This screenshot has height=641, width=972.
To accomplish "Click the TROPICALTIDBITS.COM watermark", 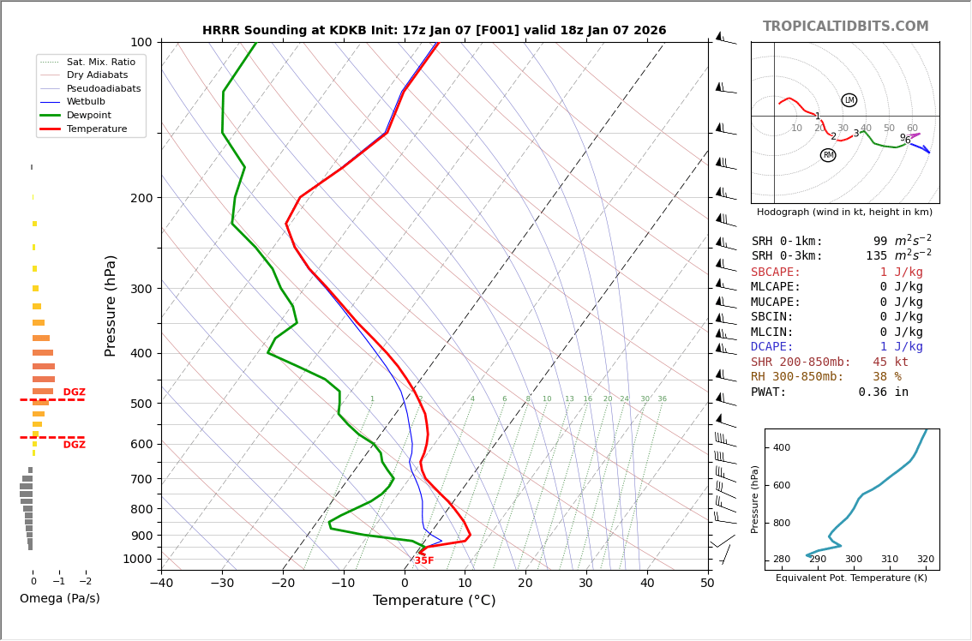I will point(845,27).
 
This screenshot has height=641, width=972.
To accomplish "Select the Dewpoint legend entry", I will point(89,115).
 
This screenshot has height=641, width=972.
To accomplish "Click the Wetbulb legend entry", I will point(87,102).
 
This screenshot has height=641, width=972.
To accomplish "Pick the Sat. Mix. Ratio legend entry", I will point(100,62).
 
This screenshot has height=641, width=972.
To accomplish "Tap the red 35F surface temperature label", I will point(424,560).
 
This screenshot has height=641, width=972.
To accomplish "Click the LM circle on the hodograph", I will point(849,100).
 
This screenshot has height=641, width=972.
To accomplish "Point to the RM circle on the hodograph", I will point(828,155).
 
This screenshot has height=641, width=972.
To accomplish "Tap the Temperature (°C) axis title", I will point(434,601).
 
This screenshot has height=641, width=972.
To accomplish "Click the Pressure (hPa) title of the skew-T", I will point(111,305).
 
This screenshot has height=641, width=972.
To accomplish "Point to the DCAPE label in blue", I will point(772,347).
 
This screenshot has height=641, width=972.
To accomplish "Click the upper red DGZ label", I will point(74,392).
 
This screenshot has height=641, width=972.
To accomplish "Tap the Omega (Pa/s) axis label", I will point(59,598).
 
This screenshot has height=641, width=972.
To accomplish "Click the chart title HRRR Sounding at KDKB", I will point(434,31).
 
